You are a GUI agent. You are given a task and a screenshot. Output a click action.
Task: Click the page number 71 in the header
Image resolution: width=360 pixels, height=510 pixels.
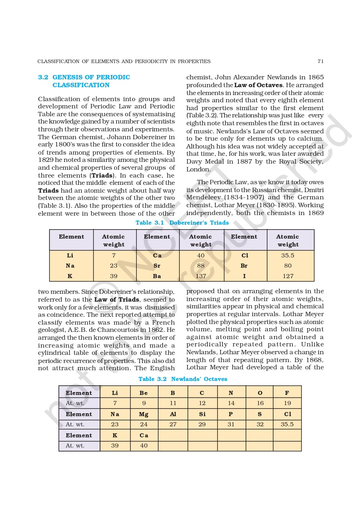(x=320, y=61)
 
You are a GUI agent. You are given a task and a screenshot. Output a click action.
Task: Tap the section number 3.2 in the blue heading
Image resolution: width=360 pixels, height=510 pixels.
(x=43, y=77)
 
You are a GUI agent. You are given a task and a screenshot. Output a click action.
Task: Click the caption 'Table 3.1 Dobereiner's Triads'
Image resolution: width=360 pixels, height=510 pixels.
(x=182, y=223)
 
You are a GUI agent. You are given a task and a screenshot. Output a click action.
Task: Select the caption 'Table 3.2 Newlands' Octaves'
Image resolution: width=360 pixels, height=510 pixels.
(x=183, y=379)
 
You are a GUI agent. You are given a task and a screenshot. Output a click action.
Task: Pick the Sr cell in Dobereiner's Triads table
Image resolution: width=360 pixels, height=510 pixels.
(x=157, y=266)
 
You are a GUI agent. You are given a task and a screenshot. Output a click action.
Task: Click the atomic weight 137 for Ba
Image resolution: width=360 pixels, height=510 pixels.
(x=201, y=276)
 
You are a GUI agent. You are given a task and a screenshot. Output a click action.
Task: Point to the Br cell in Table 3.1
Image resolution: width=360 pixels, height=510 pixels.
(x=244, y=266)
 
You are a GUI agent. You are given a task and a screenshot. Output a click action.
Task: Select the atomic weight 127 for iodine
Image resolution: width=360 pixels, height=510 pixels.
(x=288, y=276)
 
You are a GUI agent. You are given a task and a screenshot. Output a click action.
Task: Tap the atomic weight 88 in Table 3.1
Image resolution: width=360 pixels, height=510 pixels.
(x=201, y=266)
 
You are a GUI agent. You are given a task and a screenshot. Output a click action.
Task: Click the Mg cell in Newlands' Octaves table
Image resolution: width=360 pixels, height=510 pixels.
(x=144, y=414)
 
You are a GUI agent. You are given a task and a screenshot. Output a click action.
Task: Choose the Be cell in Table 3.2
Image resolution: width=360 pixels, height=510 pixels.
(x=144, y=393)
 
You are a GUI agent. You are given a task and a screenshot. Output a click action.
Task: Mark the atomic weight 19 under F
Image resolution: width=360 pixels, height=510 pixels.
(x=287, y=403)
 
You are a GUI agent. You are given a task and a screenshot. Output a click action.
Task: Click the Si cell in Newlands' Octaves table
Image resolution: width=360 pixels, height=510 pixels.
(x=202, y=414)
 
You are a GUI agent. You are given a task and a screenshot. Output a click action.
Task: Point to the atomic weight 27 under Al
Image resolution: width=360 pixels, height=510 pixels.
(x=173, y=424)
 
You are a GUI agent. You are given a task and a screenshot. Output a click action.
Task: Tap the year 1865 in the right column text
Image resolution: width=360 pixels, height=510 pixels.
(x=316, y=77)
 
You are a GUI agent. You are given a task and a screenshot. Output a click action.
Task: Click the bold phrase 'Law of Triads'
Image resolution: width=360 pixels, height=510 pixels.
(x=117, y=299)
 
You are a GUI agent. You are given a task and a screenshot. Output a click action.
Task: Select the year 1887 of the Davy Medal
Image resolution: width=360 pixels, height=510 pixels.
(x=244, y=162)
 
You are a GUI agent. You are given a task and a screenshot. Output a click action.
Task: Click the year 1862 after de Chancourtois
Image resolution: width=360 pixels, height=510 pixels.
(x=156, y=330)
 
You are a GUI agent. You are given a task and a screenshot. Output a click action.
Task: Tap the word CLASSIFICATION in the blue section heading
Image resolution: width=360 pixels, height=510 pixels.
(x=81, y=85)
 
